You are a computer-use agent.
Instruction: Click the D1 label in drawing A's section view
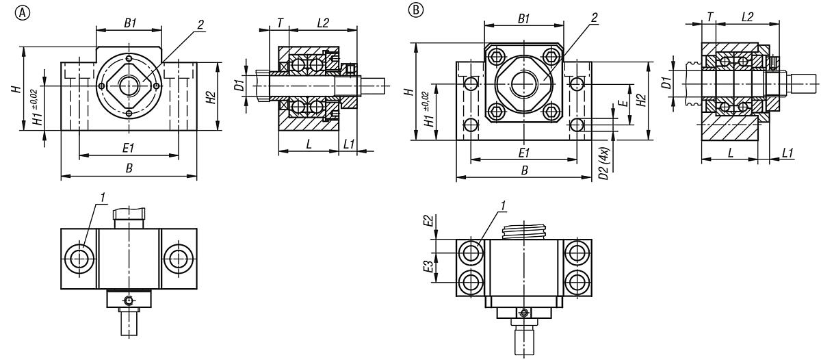click(x=239, y=86)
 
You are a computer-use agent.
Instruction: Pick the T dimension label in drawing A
click(x=281, y=23)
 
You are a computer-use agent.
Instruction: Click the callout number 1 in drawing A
click(x=103, y=198)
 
